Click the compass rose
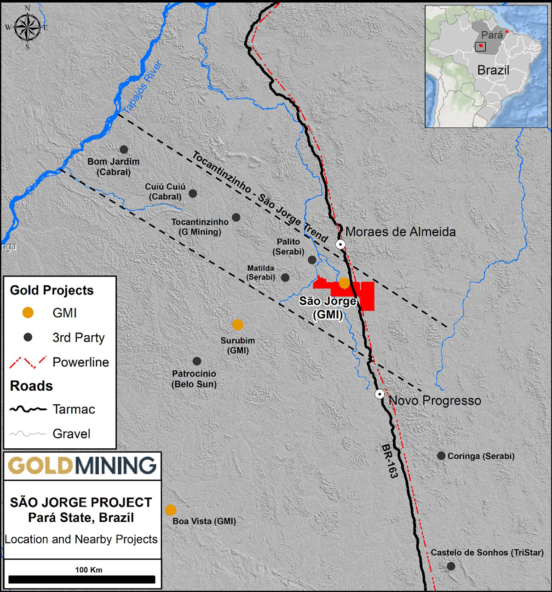pyautogui.click(x=27, y=27)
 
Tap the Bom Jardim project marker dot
pyautogui.click(x=124, y=149)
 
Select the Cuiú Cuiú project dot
pyautogui.click(x=193, y=193)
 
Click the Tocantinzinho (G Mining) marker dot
pyautogui.click(x=236, y=217)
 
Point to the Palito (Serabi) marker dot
pyautogui.click(x=312, y=260)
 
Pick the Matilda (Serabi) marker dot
pyautogui.click(x=285, y=277)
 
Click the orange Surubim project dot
pyautogui.click(x=238, y=325)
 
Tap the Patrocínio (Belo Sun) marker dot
pyautogui.click(x=197, y=361)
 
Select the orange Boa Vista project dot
pyautogui.click(x=171, y=510)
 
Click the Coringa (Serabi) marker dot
pyautogui.click(x=441, y=456)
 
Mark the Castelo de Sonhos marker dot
pyautogui.click(x=451, y=566)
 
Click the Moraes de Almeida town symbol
pyautogui.click(x=340, y=244)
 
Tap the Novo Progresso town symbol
pyautogui.click(x=379, y=394)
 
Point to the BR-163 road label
pyautogui.click(x=389, y=461)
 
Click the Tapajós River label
pyautogui.click(x=142, y=87)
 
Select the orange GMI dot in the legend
pyautogui.click(x=28, y=313)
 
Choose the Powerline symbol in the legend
pyautogui.click(x=28, y=362)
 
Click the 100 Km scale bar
pyautogui.click(x=82, y=580)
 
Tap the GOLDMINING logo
pyautogui.click(x=82, y=466)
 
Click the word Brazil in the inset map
pyautogui.click(x=493, y=70)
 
